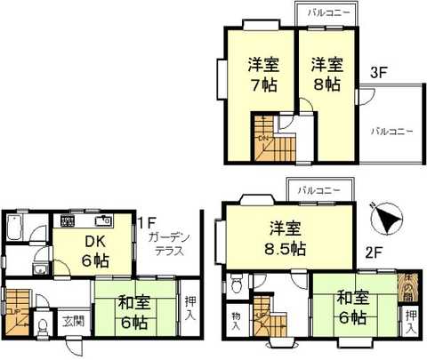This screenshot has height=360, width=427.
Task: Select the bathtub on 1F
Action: point(15,233)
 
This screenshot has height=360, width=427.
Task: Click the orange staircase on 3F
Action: point(270,140)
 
